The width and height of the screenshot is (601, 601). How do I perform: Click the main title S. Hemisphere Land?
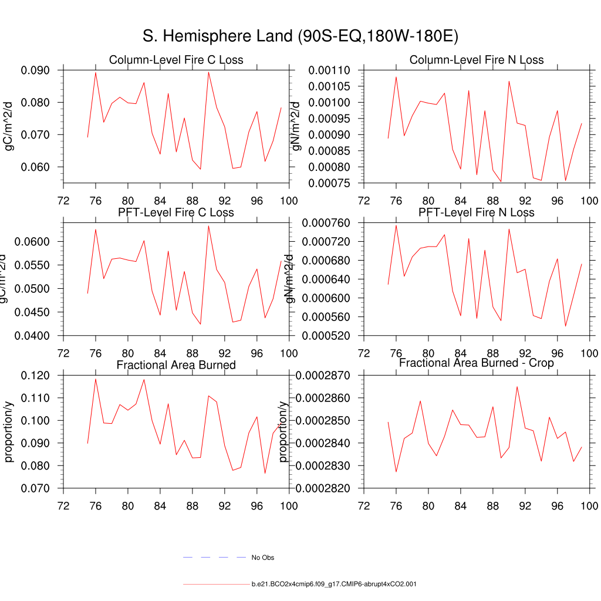[x=300, y=36]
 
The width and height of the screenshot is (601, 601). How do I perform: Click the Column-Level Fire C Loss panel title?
[x=176, y=60]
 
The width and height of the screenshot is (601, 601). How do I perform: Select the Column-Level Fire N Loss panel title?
[x=477, y=60]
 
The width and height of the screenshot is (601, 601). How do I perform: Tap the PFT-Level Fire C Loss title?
[x=176, y=212]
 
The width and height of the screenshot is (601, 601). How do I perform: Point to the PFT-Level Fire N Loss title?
[x=477, y=212]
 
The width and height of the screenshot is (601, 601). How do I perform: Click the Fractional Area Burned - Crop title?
[x=477, y=363]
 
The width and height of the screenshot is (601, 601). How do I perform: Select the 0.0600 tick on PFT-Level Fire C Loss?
[x=36, y=242]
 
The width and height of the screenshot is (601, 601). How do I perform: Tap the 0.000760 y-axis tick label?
[x=326, y=223]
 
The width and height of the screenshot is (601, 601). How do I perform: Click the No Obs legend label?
[x=263, y=558]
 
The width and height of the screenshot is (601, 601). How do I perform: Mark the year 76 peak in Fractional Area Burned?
[x=96, y=379]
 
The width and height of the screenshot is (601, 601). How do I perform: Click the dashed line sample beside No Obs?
[x=214, y=557]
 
